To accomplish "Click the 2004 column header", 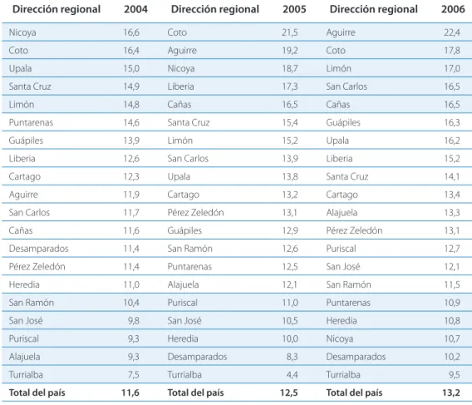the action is (x=135, y=9).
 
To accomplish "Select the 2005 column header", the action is (x=294, y=9).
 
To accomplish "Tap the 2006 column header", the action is (x=453, y=9).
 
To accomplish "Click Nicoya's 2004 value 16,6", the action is (x=131, y=32).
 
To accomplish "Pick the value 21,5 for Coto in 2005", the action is (x=290, y=32).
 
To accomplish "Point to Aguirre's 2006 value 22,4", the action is (x=452, y=32).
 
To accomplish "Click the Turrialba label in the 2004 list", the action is (x=26, y=374).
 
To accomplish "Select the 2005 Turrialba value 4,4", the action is (x=292, y=374).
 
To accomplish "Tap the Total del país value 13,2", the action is (x=451, y=393).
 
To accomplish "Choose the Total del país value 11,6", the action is (x=130, y=393).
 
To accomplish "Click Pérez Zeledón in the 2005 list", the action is (x=195, y=212).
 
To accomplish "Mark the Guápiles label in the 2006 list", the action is (x=343, y=122).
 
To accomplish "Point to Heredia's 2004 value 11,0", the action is (x=131, y=284).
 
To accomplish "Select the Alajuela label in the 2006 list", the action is (x=342, y=213).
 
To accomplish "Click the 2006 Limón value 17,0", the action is (x=452, y=68).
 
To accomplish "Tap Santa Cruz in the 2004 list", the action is (x=30, y=86).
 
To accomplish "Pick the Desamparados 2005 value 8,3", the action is (x=292, y=357).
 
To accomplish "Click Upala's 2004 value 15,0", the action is (x=131, y=68).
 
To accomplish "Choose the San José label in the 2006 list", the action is (x=343, y=266).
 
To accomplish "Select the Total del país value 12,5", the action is (x=289, y=393).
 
